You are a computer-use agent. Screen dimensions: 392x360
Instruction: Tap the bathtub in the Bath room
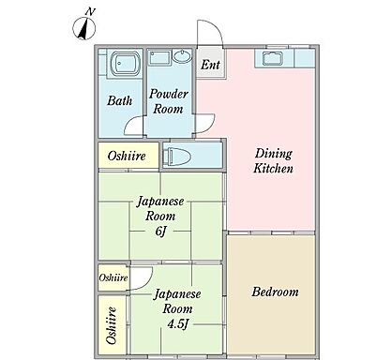(126, 64)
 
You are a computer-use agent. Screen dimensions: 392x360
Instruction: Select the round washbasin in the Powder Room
(182, 56)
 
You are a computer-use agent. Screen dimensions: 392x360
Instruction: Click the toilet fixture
(177, 156)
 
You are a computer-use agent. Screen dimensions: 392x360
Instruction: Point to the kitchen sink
(273, 58)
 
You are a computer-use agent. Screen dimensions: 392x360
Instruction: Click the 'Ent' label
(210, 65)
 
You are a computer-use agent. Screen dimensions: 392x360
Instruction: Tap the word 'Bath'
(119, 100)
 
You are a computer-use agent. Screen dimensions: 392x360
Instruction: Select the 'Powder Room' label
(169, 101)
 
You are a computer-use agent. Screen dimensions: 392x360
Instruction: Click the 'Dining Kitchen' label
(273, 161)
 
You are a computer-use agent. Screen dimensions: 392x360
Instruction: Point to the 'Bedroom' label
(275, 292)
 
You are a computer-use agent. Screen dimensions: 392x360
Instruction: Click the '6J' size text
(160, 232)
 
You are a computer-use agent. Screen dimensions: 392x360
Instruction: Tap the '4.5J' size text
(177, 323)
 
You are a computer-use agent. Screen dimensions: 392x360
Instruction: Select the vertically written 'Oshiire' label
(112, 325)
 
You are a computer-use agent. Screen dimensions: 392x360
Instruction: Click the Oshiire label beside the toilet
(127, 156)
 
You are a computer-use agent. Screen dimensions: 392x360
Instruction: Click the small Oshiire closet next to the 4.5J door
(113, 277)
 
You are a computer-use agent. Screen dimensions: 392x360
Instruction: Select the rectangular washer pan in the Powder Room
(159, 57)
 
